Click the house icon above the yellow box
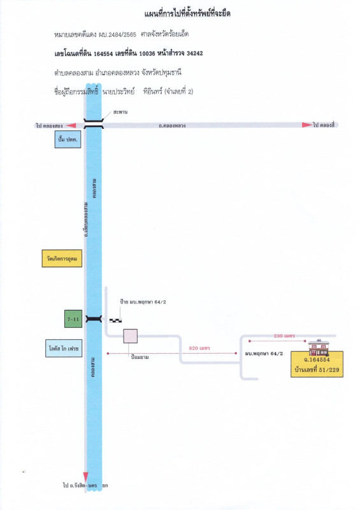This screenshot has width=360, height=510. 317,347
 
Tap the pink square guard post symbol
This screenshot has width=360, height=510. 131,336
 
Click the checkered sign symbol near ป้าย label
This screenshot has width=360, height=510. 115,319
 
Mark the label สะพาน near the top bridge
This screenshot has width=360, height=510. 119,112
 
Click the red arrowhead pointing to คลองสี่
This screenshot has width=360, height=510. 307,125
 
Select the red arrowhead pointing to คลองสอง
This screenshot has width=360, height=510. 71,126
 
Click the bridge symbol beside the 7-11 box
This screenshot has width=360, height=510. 94,318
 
